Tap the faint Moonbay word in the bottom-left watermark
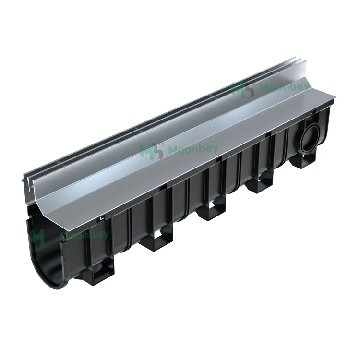(x=84, y=235)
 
